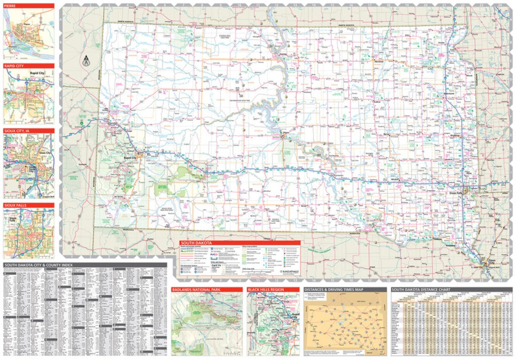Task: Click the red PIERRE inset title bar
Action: [x=28, y=6]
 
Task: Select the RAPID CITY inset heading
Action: [x=28, y=66]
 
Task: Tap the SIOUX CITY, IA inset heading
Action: [x=28, y=131]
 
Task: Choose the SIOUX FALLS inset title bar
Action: [x=28, y=205]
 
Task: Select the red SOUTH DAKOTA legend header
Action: [x=239, y=243]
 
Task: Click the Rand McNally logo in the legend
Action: [x=289, y=270]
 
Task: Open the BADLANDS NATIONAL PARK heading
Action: [x=207, y=290]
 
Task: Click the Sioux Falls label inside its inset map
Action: [x=11, y=219]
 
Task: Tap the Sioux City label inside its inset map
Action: [x=45, y=153]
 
